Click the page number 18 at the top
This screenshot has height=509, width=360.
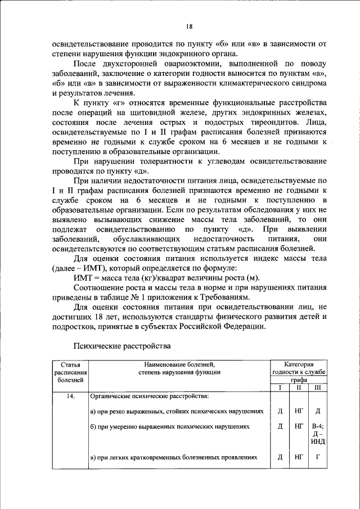coord(190,26)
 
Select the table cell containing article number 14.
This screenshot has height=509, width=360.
coord(70,397)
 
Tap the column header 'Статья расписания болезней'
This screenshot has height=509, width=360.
coord(70,372)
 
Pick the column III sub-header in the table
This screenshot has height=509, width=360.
coord(318,388)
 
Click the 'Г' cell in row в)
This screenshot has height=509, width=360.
coord(318,458)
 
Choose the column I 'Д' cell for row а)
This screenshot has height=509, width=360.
coord(280,411)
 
